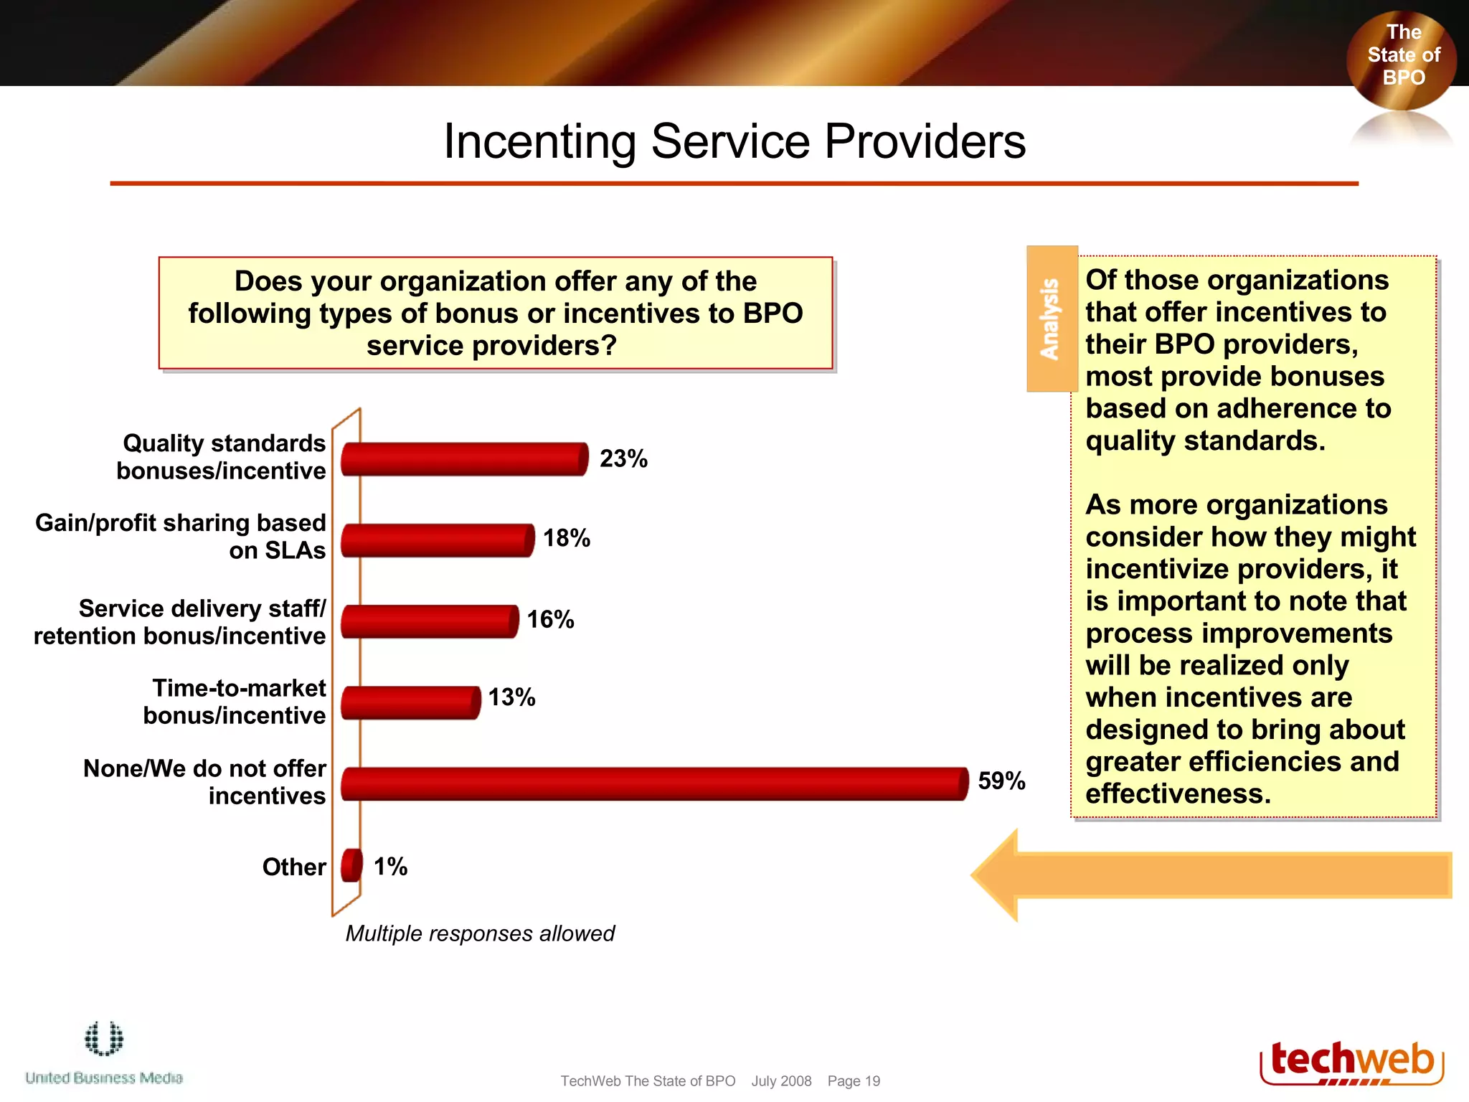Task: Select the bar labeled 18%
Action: coord(437,540)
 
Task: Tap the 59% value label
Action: coord(1001,781)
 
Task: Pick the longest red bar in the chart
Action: coord(654,783)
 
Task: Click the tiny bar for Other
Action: coord(351,865)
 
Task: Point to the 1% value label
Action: coord(390,867)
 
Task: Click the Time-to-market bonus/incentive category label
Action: coord(235,702)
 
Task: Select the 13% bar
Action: coord(410,702)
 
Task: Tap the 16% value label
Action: coord(550,619)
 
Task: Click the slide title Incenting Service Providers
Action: coord(734,141)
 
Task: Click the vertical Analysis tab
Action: coord(1052,319)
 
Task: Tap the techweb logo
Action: coord(1351,1063)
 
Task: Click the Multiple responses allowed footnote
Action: coord(480,933)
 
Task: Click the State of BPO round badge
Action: coord(1402,57)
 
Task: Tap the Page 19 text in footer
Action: coord(854,1081)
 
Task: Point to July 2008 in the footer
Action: coord(781,1081)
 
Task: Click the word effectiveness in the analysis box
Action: coord(1177,794)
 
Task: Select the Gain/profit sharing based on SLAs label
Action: coord(181,537)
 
